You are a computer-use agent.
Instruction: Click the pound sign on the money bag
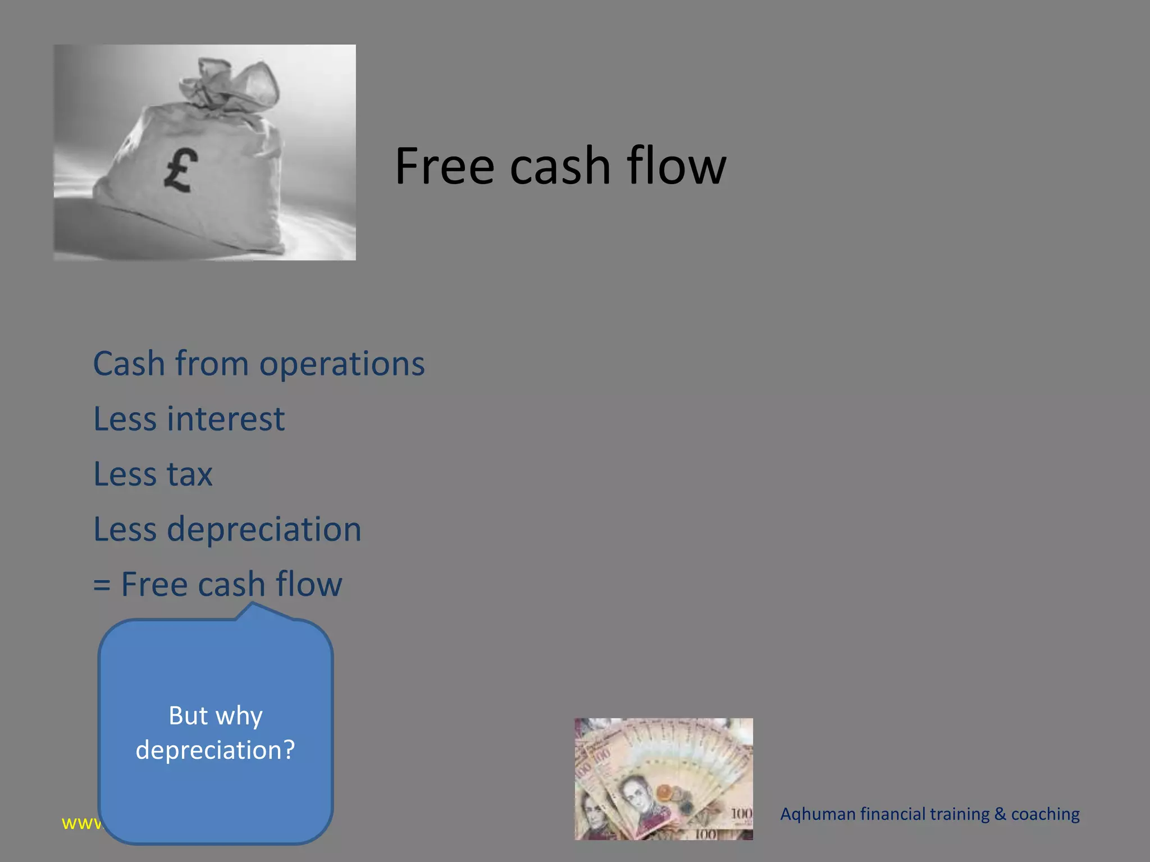(181, 171)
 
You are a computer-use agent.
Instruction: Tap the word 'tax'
(190, 475)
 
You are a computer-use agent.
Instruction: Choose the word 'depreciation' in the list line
(264, 530)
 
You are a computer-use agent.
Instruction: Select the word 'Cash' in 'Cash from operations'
(129, 364)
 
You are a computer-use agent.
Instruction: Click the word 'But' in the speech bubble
(188, 716)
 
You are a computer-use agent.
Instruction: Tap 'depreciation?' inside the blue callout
(216, 750)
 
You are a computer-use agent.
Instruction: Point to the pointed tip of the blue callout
(253, 604)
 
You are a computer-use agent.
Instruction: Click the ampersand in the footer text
(1000, 814)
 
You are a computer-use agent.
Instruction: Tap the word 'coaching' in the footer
(1045, 814)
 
